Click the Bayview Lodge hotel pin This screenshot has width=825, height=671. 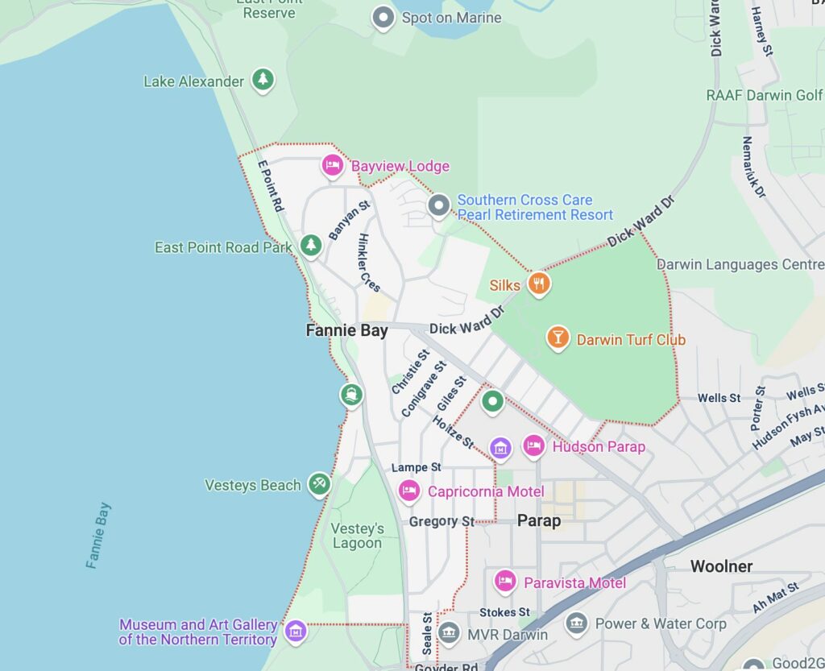click(332, 165)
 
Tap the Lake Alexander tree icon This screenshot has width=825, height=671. click(262, 80)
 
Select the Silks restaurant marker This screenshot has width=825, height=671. click(539, 283)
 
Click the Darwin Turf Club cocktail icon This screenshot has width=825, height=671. click(557, 338)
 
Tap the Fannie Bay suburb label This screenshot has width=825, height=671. click(346, 330)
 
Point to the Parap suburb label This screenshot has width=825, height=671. click(538, 520)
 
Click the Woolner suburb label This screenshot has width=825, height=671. click(721, 566)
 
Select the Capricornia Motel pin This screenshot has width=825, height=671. click(409, 490)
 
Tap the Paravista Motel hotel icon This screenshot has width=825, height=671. click(505, 581)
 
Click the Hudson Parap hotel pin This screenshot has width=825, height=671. click(533, 445)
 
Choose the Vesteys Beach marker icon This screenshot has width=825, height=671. click(319, 483)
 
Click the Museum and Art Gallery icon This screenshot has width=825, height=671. click(296, 631)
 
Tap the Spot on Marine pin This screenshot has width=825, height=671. click(383, 17)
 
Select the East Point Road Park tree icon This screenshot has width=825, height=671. click(310, 246)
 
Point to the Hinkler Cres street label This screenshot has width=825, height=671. click(369, 263)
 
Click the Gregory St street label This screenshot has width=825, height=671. click(442, 522)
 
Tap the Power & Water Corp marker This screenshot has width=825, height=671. click(575, 623)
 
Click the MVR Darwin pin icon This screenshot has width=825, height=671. click(449, 633)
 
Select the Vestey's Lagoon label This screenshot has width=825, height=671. click(357, 536)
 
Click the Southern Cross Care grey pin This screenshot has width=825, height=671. click(438, 206)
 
